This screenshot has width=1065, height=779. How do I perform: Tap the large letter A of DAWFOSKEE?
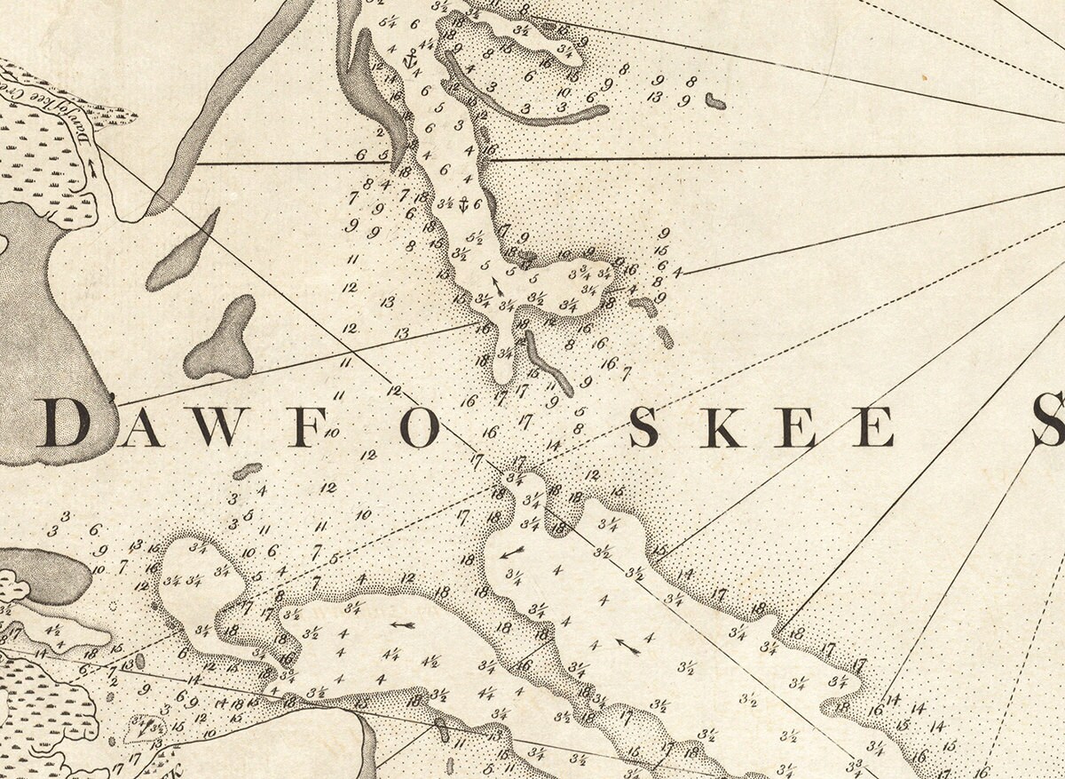coord(140,426)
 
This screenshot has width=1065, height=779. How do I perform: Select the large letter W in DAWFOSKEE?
coord(213,426)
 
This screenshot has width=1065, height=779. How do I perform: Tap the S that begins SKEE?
coord(643,427)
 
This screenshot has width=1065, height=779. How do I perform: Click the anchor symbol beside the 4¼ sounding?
coord(409,61)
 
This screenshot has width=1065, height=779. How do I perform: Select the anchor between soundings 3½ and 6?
coord(461,203)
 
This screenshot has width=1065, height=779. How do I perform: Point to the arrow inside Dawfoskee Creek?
coord(91,168)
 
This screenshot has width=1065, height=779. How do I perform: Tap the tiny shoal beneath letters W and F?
coord(248,470)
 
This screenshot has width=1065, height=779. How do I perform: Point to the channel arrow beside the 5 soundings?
coord(497,284)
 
